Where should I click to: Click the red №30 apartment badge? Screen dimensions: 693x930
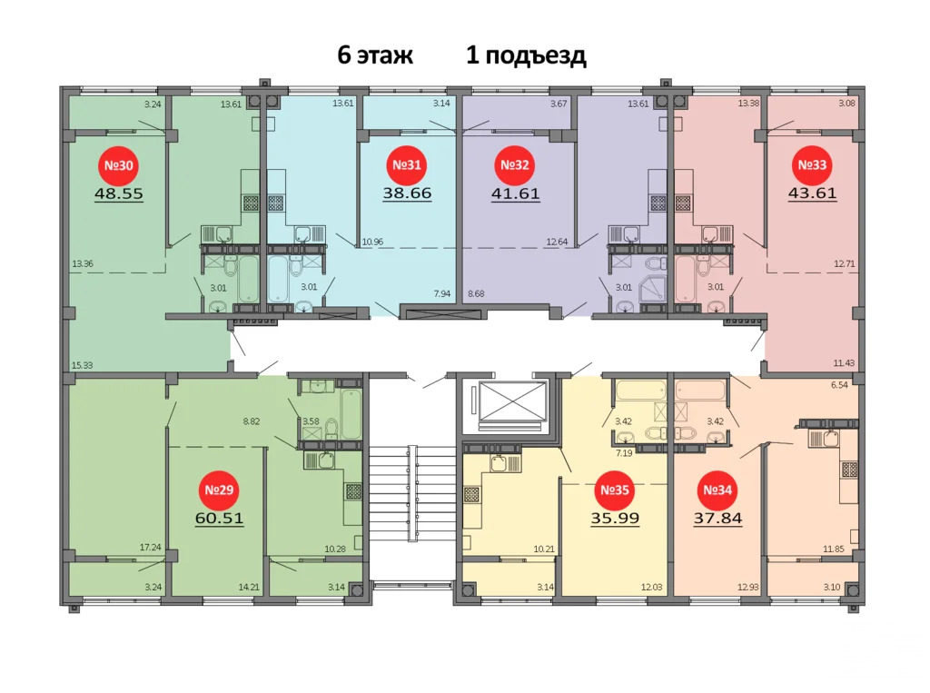click(119, 166)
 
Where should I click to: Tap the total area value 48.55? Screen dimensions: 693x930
click(119, 193)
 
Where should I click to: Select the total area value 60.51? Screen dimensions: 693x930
click(219, 519)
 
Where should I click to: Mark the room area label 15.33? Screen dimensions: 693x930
click(82, 365)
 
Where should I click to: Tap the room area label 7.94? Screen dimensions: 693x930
click(442, 293)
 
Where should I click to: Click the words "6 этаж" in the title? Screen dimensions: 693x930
click(375, 56)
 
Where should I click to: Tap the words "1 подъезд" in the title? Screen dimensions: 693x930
click(526, 56)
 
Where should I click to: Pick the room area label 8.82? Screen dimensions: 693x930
click(252, 421)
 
